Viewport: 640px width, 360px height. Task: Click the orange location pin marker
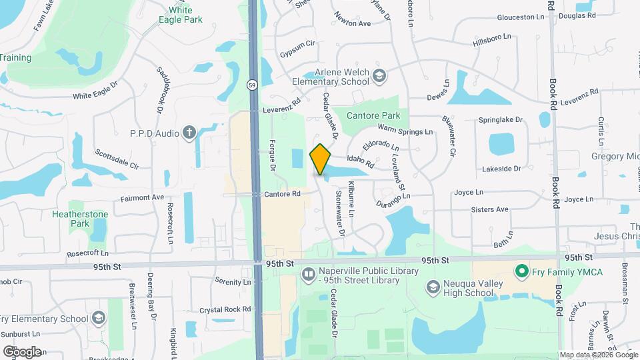point(321,159)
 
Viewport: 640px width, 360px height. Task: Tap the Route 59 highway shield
point(251,85)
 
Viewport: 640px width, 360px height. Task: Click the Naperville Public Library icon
point(308,273)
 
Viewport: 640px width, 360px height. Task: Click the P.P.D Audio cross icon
point(189,133)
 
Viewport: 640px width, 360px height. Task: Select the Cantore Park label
point(373,115)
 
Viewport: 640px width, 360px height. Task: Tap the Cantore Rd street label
point(283,194)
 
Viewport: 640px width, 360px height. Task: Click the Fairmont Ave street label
point(142,198)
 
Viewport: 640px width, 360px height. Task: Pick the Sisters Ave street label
point(490,209)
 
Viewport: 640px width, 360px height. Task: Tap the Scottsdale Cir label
point(116,159)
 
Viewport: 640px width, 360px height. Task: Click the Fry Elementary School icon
point(99,318)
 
